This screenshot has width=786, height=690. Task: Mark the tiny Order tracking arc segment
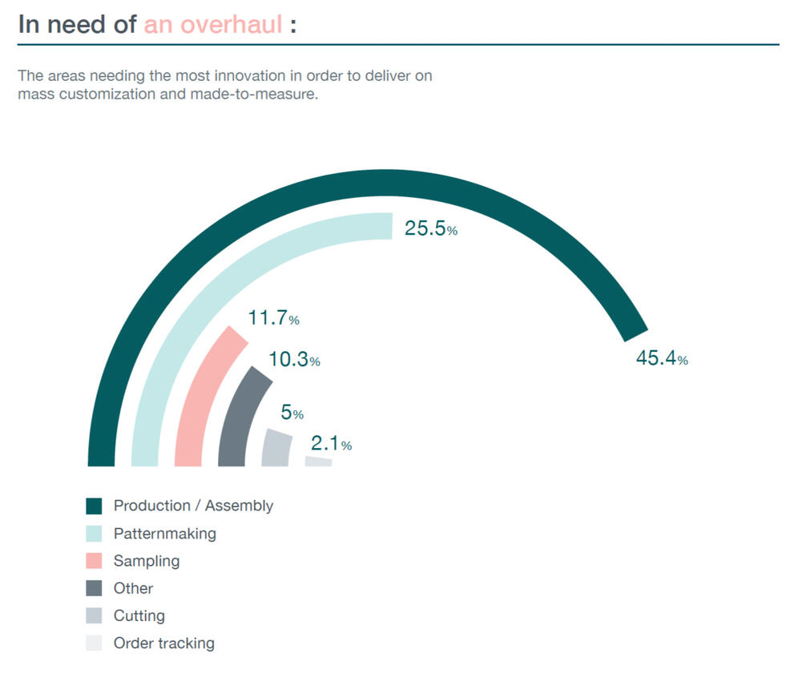point(318,462)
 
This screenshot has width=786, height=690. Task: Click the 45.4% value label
point(661,358)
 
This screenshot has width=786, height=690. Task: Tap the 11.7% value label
point(273,318)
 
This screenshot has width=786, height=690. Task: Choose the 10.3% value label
point(293,360)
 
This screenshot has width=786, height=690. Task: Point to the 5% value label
point(292,413)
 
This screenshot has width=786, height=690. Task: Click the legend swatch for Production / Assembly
point(94,506)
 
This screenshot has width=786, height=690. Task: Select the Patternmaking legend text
point(164,533)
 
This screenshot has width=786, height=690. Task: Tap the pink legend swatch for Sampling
point(94,560)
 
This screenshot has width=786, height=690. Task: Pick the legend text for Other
point(133,588)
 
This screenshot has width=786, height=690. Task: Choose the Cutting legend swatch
point(94,615)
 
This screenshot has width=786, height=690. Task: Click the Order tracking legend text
point(163,643)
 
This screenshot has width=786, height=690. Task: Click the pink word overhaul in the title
point(232,24)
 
